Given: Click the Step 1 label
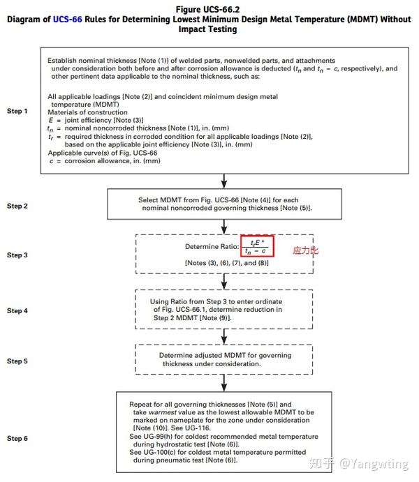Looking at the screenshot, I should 17,111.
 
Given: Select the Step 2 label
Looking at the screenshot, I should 17,206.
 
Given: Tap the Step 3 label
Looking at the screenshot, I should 17,255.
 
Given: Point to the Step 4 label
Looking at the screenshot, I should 17,310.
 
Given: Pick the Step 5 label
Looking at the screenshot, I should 17,361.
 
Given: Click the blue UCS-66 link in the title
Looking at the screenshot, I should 69,20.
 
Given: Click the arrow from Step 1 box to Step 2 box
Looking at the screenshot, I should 224,181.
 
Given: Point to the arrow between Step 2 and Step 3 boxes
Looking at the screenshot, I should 224,226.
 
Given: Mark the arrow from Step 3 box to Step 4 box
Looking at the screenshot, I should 224,280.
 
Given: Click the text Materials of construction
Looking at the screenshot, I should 88,112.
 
